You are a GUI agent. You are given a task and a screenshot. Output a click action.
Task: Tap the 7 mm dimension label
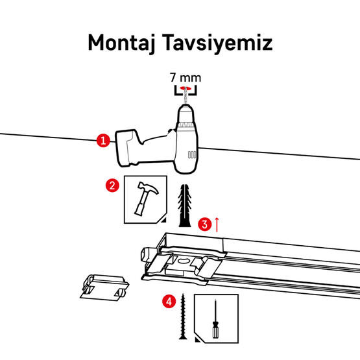pyautogui.click(x=185, y=77)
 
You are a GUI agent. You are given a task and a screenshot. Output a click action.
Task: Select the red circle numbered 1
pyautogui.click(x=102, y=140)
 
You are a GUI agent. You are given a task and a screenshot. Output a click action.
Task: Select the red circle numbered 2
pyautogui.click(x=112, y=186)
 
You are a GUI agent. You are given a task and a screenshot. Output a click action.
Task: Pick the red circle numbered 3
pyautogui.click(x=204, y=225)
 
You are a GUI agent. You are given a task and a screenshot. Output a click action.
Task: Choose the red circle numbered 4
pyautogui.click(x=169, y=301)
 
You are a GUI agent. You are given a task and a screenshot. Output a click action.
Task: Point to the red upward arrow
pyautogui.click(x=217, y=224)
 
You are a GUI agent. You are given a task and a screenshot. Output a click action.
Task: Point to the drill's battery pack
pyautogui.click(x=128, y=149)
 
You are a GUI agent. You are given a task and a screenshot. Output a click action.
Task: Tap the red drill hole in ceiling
pyautogui.click(x=186, y=88)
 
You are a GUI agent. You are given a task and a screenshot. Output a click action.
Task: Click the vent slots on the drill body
pyautogui.click(x=191, y=156)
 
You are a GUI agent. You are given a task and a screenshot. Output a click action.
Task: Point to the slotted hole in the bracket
pyautogui.click(x=186, y=261)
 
